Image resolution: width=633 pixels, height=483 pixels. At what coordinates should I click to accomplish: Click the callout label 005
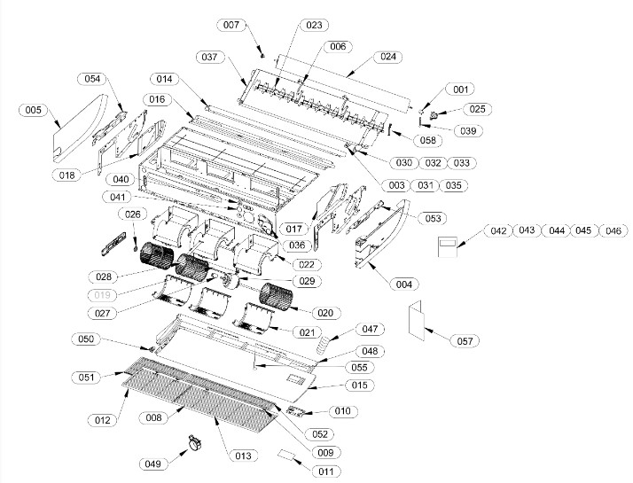[34, 111]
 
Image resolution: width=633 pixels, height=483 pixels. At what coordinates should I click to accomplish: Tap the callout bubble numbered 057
[461, 340]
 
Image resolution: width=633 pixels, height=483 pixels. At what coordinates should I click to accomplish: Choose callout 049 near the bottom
[153, 463]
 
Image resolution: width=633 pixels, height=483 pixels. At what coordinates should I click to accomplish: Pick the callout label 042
[498, 230]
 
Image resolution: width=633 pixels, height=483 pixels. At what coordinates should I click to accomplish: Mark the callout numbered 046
[612, 230]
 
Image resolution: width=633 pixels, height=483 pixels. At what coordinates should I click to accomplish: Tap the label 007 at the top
[231, 25]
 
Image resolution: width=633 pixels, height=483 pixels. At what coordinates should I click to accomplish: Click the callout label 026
[132, 214]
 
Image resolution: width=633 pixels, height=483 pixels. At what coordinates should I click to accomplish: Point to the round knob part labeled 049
[191, 444]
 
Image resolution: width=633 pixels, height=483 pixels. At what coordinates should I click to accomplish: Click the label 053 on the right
[434, 218]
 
